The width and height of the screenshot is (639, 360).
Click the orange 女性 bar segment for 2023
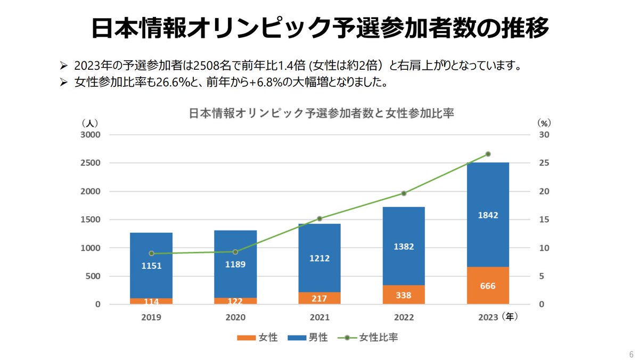click(487, 285)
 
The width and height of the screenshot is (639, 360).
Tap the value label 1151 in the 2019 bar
click(151, 266)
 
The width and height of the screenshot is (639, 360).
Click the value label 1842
click(487, 215)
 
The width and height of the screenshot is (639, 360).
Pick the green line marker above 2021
click(319, 219)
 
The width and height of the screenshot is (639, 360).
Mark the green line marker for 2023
click(488, 154)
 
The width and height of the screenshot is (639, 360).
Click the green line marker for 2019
click(151, 253)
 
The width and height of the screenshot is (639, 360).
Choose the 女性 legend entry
click(256, 338)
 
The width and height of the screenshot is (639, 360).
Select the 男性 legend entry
click(307, 338)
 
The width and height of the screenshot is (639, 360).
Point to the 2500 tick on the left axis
click(90, 163)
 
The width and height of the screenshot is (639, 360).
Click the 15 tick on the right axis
click(543, 219)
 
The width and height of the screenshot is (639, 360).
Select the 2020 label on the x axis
click(235, 317)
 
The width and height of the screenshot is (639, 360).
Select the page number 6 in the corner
click(631, 355)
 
